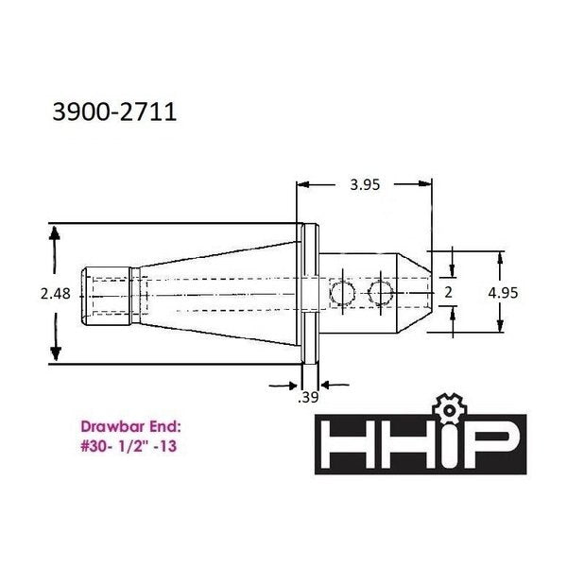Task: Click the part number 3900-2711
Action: pos(114,112)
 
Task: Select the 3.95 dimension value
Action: pos(365,185)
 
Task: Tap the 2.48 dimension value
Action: pos(56,294)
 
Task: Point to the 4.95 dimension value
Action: pos(503,293)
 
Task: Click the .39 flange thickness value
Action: pos(308,397)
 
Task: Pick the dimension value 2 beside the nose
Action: pos(448,292)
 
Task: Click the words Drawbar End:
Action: pos(131,427)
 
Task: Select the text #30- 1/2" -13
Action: pos(129,446)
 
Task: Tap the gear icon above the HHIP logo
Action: pos(449,408)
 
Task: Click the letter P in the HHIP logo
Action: pos(492,444)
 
